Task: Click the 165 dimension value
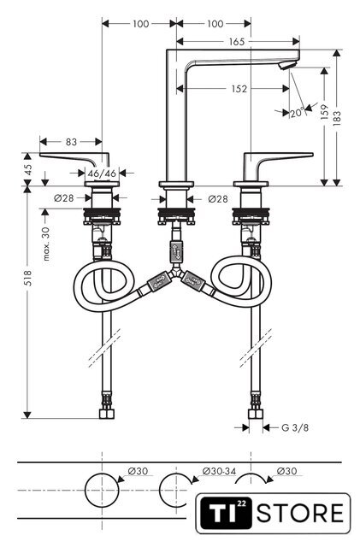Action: pos(236,42)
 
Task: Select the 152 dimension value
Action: pos(239,89)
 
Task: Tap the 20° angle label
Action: pos(298,113)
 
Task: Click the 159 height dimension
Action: pos(324,112)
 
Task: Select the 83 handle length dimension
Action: pos(71,142)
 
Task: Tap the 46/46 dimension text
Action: pos(102,173)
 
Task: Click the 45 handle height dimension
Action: pos(28,169)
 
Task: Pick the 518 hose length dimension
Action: pos(27,278)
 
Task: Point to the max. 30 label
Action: pos(46,244)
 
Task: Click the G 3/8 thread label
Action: pos(295,427)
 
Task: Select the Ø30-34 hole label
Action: pos(219,471)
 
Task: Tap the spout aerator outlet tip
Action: pos(288,65)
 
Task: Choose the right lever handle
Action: pos(278,160)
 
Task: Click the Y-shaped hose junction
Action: pos(176,273)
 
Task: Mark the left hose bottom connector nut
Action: pos(107,414)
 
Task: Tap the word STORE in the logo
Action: pos(300,513)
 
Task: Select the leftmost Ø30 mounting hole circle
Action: pos(102,490)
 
